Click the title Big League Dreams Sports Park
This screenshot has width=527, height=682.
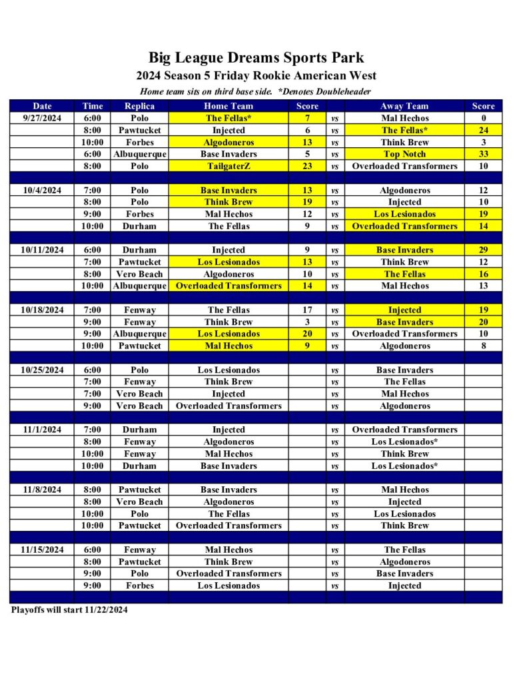pyautogui.click(x=256, y=58)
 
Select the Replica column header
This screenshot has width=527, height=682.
pyautogui.click(x=139, y=106)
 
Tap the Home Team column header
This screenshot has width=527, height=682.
pyautogui.click(x=229, y=106)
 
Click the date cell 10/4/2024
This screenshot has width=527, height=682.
pyautogui.click(x=42, y=190)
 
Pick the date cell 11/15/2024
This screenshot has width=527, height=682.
pyautogui.click(x=42, y=550)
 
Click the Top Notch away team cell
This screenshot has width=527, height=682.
pyautogui.click(x=404, y=155)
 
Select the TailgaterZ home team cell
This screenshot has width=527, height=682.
pyautogui.click(x=229, y=167)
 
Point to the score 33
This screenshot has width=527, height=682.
pyautogui.click(x=483, y=155)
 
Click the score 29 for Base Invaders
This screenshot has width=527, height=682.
pyautogui.click(x=483, y=250)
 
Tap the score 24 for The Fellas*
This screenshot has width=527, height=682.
pyautogui.click(x=483, y=131)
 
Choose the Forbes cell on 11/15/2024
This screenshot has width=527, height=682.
pyautogui.click(x=139, y=586)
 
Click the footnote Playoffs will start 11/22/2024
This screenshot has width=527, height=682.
pyautogui.click(x=69, y=609)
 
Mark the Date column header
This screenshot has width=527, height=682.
pyautogui.click(x=42, y=106)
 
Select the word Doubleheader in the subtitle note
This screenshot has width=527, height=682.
pyautogui.click(x=342, y=91)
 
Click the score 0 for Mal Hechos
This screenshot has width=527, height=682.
pyautogui.click(x=483, y=119)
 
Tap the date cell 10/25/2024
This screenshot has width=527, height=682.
pyautogui.click(x=42, y=370)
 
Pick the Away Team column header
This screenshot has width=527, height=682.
pyautogui.click(x=404, y=106)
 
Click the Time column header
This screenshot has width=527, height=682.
pyautogui.click(x=93, y=106)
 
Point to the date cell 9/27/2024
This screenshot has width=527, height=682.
pyautogui.click(x=42, y=119)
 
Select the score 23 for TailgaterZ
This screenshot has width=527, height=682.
pyautogui.click(x=307, y=167)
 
